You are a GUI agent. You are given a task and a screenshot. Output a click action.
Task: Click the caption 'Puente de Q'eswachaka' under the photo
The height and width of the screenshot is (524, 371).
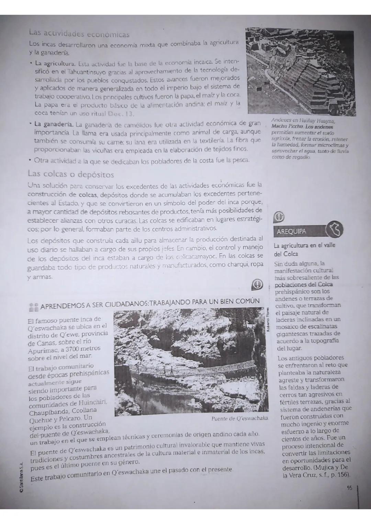(x=239, y=419)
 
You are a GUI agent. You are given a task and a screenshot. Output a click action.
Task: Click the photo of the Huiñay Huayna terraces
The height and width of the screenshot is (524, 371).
(x=301, y=71)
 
